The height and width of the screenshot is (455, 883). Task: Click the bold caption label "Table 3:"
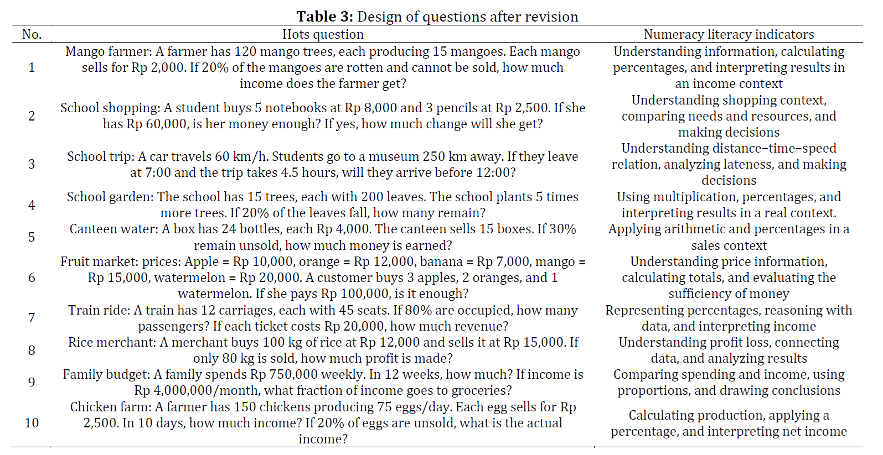pos(324,17)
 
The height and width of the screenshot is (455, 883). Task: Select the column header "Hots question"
pos(323,34)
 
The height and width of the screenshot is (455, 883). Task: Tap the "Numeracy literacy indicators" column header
pos(729,34)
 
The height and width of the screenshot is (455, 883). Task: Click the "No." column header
pos(32,34)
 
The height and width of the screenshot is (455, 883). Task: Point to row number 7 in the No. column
pos(32,318)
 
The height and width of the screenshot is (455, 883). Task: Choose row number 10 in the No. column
pos(32,423)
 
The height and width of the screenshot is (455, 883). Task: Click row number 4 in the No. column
pos(32,205)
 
